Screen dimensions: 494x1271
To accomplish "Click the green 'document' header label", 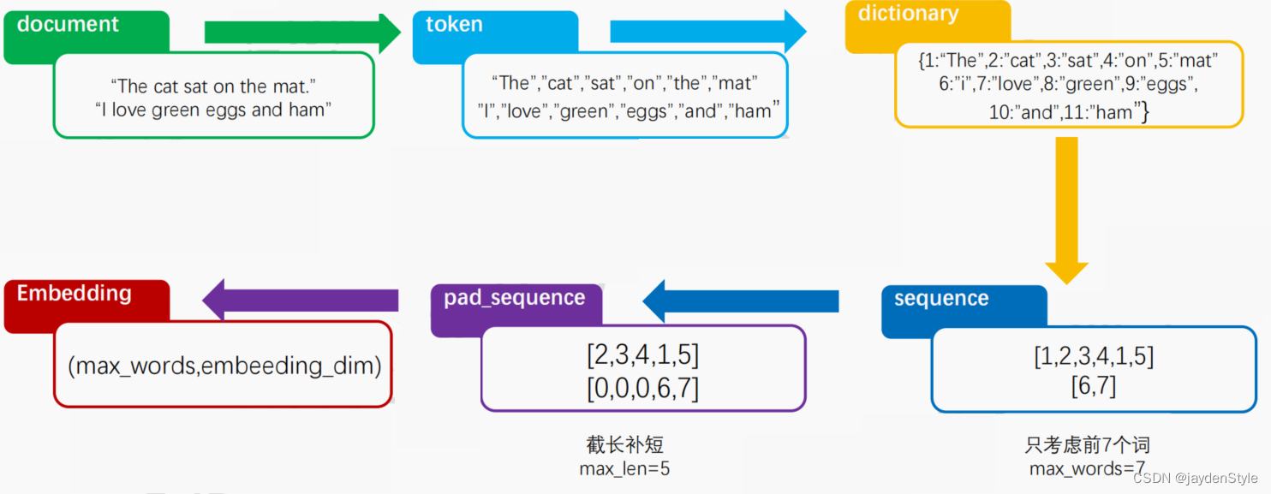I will [68, 25].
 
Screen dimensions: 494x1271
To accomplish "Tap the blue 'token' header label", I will [454, 25].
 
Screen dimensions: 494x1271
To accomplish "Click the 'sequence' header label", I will [941, 299].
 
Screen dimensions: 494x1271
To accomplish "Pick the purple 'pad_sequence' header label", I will [514, 298].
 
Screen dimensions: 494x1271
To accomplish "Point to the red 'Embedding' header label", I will [74, 294].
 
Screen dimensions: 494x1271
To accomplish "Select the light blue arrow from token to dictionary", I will [707, 32].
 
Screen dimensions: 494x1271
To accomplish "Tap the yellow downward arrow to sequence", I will [1065, 209].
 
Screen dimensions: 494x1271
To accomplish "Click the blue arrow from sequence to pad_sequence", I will [740, 301].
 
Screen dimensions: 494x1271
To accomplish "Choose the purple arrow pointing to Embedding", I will [300, 301].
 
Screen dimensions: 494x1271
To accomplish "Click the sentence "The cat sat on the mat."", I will [213, 86].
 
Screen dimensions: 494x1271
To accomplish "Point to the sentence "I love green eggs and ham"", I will [213, 110].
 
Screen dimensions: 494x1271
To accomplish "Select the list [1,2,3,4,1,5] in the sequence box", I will [1093, 355].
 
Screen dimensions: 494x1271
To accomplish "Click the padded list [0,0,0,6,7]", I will [642, 388].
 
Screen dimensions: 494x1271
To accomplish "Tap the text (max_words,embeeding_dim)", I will [224, 366].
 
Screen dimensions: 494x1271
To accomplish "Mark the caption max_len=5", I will [624, 468].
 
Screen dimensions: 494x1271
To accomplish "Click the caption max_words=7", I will [1087, 468].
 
